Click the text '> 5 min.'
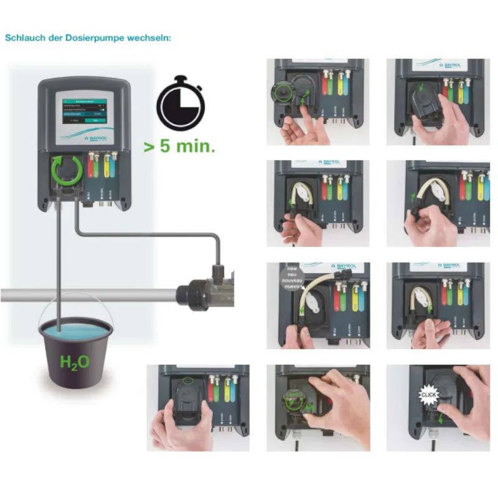tap(181, 148)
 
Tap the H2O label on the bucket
tap(73, 362)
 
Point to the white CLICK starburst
tap(430, 395)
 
